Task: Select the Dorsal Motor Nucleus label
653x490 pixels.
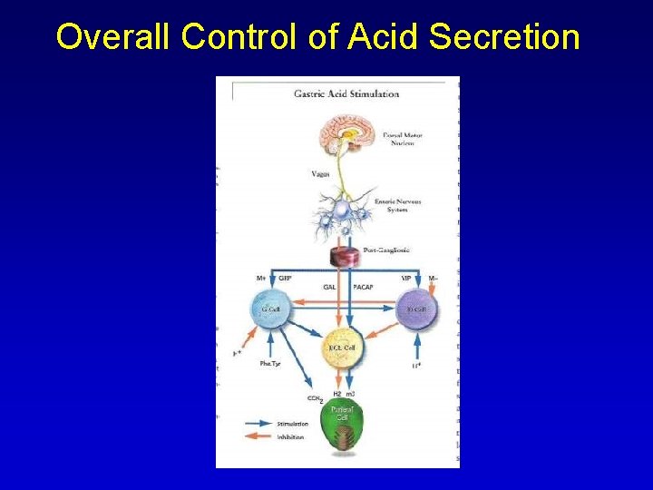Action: coord(403,140)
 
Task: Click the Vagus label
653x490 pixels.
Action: coord(320,172)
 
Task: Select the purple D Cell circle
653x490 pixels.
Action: coord(415,309)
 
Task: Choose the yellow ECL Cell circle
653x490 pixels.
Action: coord(342,348)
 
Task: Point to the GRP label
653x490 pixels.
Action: coord(285,278)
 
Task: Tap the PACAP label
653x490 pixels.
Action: coord(363,287)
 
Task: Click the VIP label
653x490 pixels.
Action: coord(406,278)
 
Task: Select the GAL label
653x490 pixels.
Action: coord(330,287)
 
